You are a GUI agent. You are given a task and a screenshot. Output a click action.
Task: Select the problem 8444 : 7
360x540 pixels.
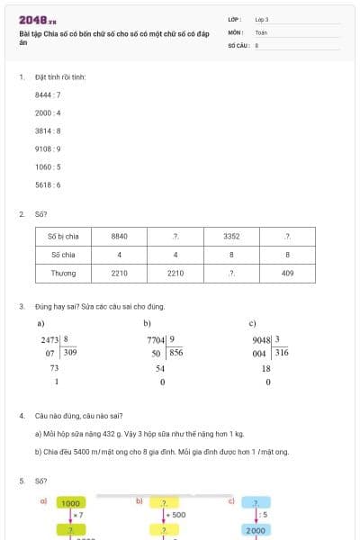click(x=48, y=94)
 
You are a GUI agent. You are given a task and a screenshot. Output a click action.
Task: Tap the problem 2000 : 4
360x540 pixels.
click(x=48, y=112)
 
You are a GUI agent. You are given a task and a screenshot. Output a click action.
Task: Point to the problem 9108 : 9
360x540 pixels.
click(x=48, y=148)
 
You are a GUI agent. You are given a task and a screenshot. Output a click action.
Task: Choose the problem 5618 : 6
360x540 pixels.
click(x=48, y=184)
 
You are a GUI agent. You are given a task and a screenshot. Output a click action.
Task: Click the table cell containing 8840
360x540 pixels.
click(x=119, y=236)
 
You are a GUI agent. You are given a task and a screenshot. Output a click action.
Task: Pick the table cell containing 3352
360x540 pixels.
click(x=231, y=236)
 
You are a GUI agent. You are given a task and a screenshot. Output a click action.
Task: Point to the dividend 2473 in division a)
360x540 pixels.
click(x=49, y=339)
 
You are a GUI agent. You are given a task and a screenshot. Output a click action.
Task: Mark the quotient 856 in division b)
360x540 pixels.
click(x=176, y=353)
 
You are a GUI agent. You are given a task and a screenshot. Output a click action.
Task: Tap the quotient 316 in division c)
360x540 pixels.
click(x=282, y=353)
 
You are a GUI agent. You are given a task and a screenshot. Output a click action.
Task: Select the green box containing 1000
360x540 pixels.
click(x=70, y=504)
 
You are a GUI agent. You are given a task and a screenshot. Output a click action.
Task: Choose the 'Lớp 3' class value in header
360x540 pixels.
click(x=262, y=18)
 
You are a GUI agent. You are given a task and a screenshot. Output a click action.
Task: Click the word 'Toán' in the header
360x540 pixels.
click(x=261, y=31)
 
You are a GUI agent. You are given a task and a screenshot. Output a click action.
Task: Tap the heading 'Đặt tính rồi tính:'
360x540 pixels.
click(x=60, y=77)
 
